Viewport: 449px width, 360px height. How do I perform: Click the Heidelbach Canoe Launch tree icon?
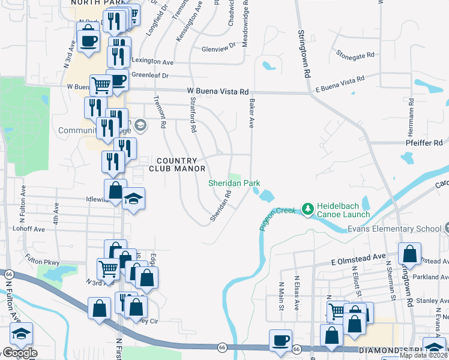tap(309, 208)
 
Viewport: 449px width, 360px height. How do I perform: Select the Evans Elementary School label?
tap(394, 229)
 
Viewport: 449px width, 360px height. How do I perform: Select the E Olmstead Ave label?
tap(358, 256)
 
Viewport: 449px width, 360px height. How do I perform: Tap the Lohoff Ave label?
tap(31, 229)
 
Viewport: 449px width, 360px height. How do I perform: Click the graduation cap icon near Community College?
tap(141, 125)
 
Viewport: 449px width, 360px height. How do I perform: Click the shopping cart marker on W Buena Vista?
tap(101, 85)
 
